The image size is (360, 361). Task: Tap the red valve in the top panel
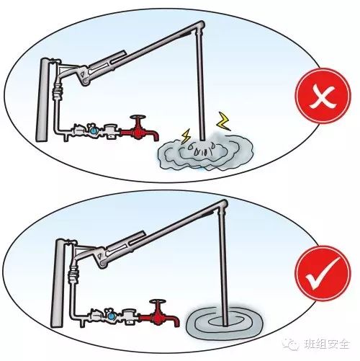[136, 132]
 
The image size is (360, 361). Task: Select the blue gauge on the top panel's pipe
[93, 130]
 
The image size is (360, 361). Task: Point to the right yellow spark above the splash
[222, 117]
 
